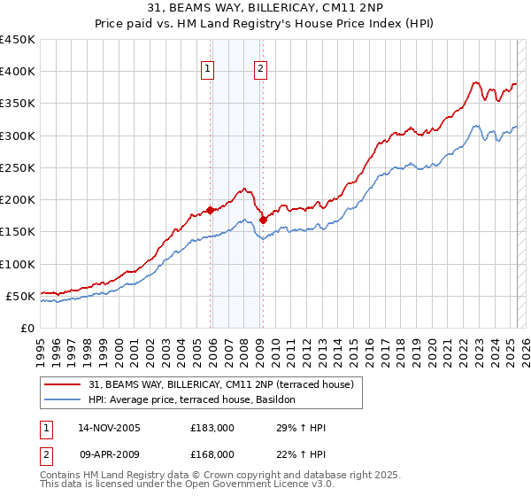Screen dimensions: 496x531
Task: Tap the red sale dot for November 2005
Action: [x=211, y=210]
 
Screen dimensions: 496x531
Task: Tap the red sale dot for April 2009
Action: [x=263, y=220]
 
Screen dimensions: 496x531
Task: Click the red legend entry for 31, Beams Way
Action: [x=221, y=384]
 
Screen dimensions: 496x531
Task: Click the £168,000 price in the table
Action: [x=212, y=454]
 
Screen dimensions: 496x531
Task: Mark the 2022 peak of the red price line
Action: [x=476, y=83]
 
